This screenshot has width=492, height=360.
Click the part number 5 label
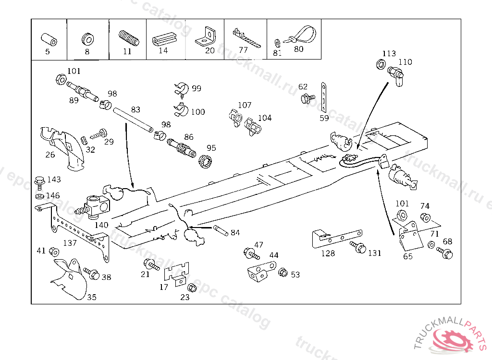point(47,52)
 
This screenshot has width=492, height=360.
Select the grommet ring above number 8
point(87,38)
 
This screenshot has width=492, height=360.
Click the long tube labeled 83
point(133,120)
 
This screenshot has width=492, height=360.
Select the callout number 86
point(189,137)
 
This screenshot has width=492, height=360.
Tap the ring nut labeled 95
point(206,162)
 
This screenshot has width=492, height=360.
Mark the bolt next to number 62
point(305,99)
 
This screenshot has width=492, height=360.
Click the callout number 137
point(70,243)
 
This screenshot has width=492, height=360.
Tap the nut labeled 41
point(54,252)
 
